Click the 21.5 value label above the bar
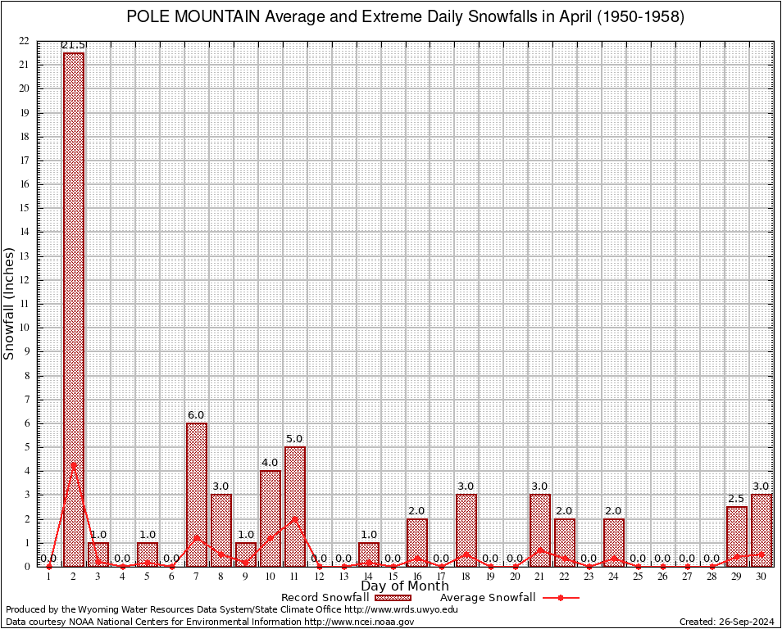pyautogui.click(x=74, y=45)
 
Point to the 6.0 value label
pyautogui.click(x=197, y=415)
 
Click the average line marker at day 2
pyautogui.click(x=74, y=464)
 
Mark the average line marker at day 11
pyautogui.click(x=295, y=518)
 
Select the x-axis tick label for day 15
pyautogui.click(x=393, y=577)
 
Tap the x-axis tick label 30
pyautogui.click(x=762, y=577)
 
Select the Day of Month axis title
pyautogui.click(x=404, y=586)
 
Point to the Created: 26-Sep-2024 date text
pyautogui.click(x=726, y=622)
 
